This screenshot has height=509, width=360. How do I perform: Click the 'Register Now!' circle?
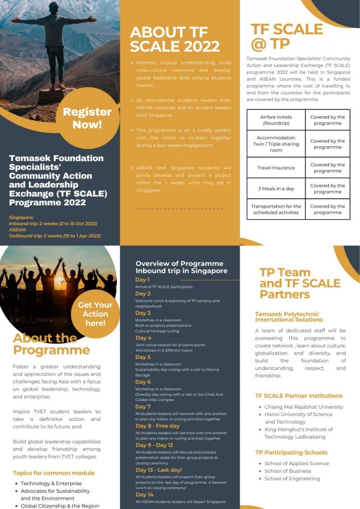[87, 117]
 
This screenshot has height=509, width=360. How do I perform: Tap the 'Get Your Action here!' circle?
[95, 313]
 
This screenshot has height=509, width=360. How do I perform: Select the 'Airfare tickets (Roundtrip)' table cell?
[276, 120]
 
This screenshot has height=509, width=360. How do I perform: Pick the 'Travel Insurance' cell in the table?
[276, 167]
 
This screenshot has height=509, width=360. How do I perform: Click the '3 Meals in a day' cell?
[276, 188]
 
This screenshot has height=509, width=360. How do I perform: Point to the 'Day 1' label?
[143, 280]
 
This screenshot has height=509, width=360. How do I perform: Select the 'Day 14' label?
[144, 494]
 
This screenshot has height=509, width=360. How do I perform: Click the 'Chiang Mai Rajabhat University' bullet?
[304, 407]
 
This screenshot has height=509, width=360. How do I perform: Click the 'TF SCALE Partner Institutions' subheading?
[299, 395]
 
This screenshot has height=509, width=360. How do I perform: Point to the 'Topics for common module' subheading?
[54, 473]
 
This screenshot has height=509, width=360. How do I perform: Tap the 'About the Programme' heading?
[51, 344]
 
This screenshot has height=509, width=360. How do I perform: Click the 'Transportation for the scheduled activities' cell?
[276, 209]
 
